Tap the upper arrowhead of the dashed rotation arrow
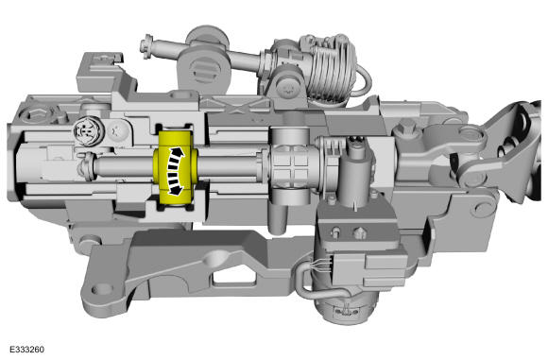pyautogui.click(x=179, y=152)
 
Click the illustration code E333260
pyautogui.click(x=26, y=350)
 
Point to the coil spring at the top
pyautogui.click(x=332, y=70)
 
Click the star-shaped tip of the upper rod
pyautogui.click(x=146, y=45)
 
